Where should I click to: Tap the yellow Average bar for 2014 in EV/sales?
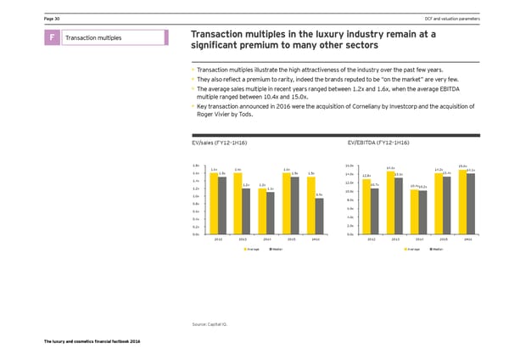tap(262, 211)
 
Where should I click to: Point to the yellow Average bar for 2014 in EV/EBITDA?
tap(414, 211)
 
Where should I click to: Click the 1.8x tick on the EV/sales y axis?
tap(196, 165)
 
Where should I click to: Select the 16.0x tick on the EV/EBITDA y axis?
tap(350, 165)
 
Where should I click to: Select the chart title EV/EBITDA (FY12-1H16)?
tap(379, 143)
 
